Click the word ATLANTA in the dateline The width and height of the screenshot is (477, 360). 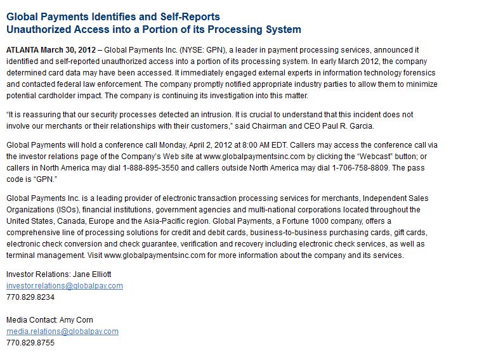(22, 49)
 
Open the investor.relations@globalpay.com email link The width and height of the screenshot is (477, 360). (64, 286)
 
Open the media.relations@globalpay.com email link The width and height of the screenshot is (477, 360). (62, 331)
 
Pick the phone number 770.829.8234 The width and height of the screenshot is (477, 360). (30, 297)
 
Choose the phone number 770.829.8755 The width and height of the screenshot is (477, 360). (30, 343)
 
